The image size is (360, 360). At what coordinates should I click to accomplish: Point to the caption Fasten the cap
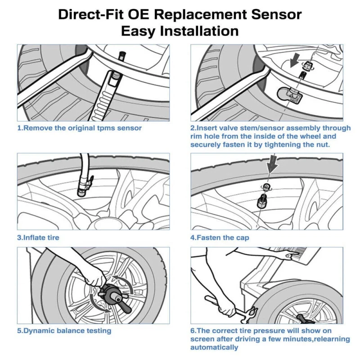[220, 237]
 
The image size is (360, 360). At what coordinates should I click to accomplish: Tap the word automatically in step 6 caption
[214, 347]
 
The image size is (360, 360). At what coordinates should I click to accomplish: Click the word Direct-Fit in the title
[94, 14]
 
